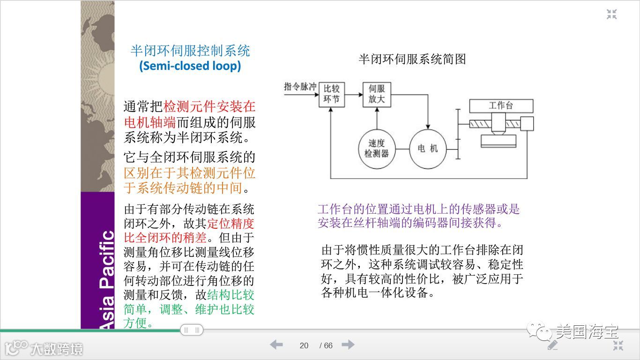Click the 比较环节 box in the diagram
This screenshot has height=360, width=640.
tap(332, 94)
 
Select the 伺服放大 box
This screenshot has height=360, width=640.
tap(377, 94)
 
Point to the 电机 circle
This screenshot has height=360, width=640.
tap(427, 149)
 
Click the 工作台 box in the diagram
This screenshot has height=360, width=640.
tap(501, 106)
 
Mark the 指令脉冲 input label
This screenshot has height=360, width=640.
tap(300, 87)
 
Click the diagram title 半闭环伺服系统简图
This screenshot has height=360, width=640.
tap(412, 59)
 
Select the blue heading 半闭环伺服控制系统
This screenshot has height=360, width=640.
tap(190, 51)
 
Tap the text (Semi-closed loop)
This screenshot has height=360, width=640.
tap(190, 66)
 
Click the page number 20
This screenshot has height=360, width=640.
tap(304, 346)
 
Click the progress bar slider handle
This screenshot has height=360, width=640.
tap(192, 330)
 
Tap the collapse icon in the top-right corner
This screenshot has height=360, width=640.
tap(611, 14)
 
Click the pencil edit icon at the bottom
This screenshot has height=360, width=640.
tap(553, 345)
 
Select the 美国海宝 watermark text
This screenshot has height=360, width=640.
tap(587, 332)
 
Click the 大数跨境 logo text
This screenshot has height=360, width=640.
tap(57, 349)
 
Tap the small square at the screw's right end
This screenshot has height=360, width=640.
tap(527, 124)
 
